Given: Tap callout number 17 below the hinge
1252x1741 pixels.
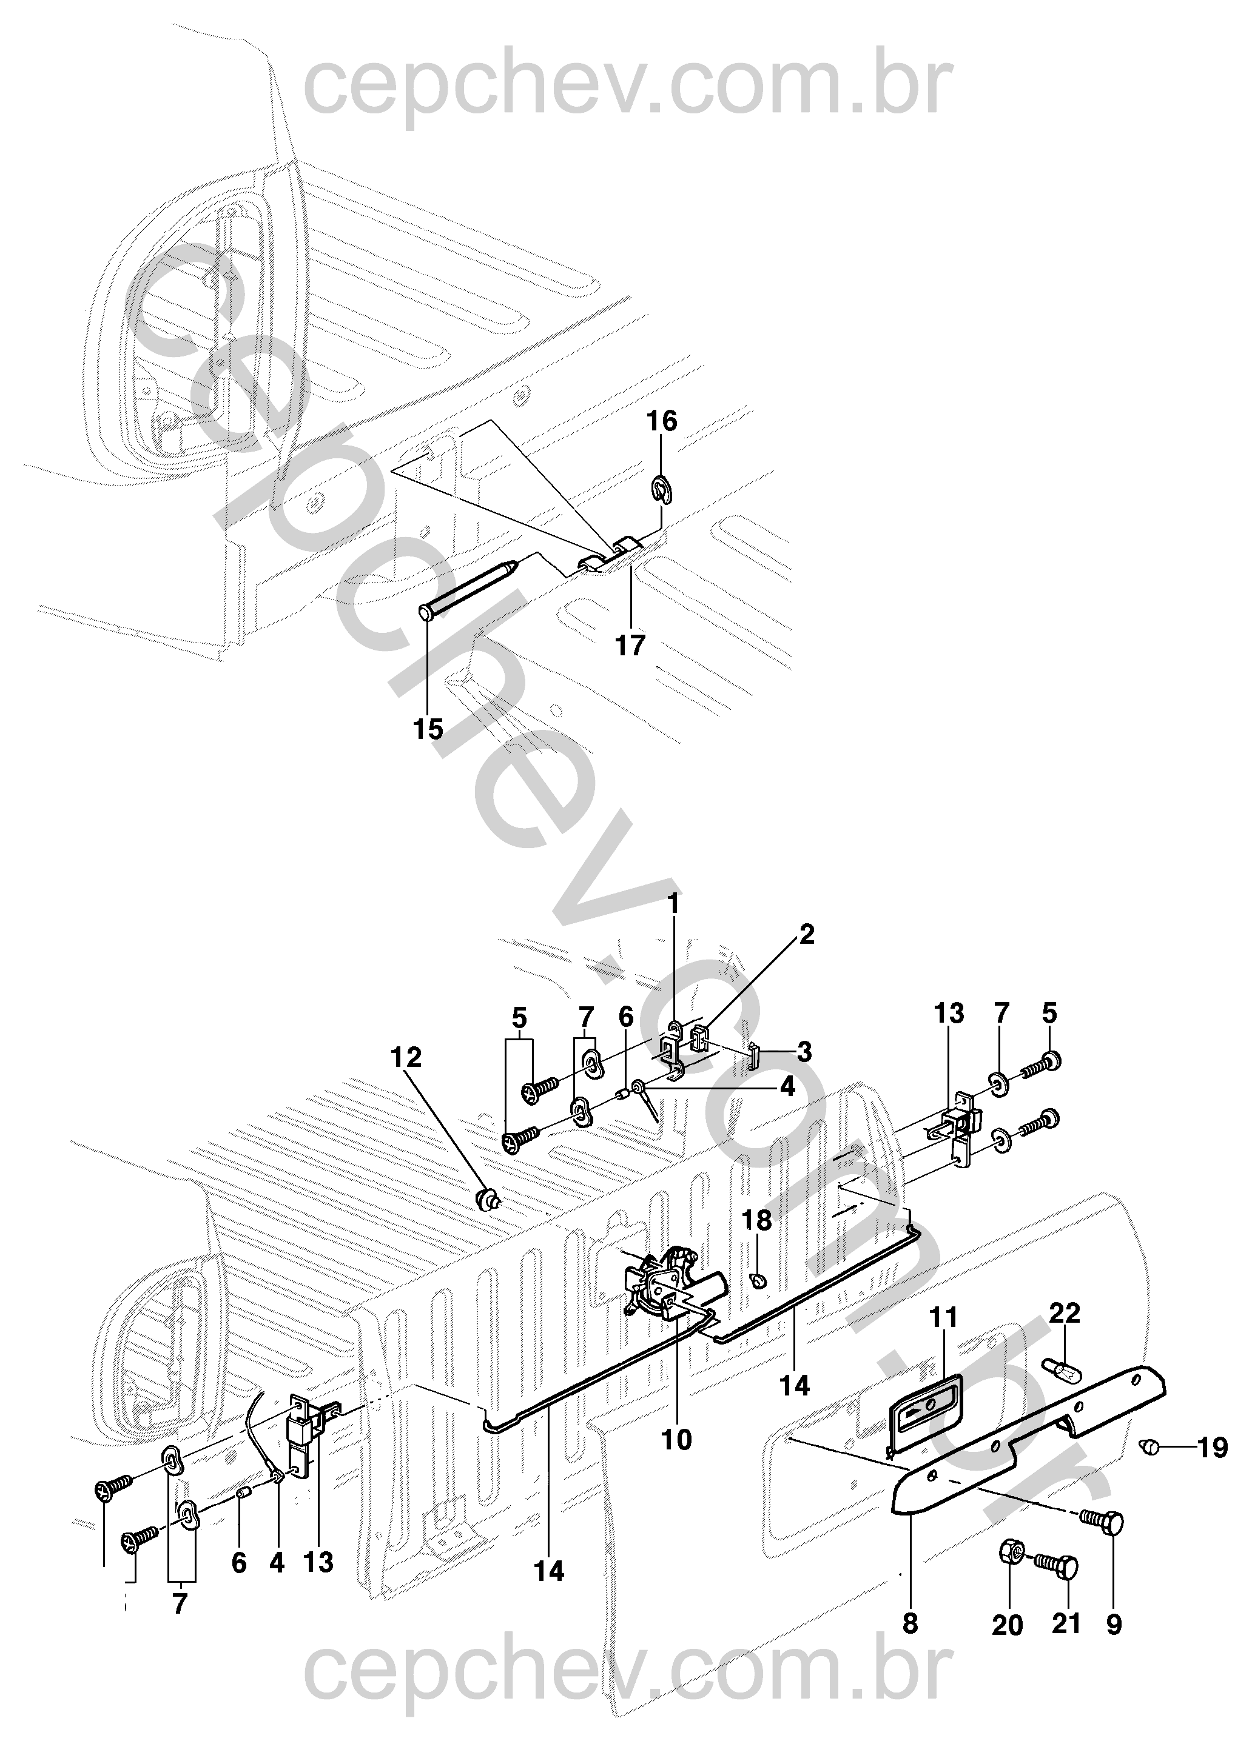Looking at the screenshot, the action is pos(631,646).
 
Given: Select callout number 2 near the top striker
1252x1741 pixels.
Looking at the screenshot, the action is pos(806,934).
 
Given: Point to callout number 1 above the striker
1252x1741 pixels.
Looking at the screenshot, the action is pos(674,905).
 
